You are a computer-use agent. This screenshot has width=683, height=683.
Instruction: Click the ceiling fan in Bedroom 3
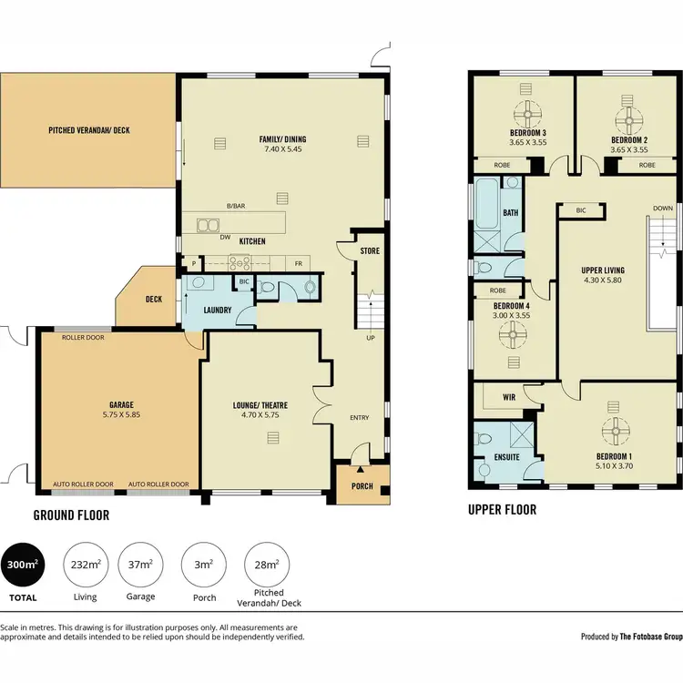point(527,116)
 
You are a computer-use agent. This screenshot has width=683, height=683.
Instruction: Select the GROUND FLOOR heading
point(71,515)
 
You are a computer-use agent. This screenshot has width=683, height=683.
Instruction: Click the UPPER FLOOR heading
point(502,510)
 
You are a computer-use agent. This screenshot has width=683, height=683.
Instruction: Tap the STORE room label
point(369,250)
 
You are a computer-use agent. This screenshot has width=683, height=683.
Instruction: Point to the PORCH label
point(362,486)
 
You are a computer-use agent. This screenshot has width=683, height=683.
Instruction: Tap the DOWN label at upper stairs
point(662,209)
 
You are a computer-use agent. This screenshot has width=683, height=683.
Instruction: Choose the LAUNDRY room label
point(217,311)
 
